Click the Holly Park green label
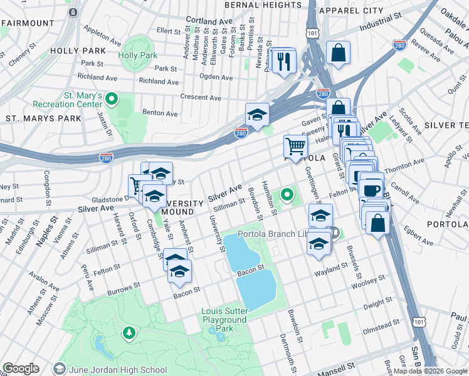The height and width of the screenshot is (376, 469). tap(137, 55)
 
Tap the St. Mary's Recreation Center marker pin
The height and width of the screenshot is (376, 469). tap(112, 98)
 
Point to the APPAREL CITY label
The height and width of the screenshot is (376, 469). tap(350, 11)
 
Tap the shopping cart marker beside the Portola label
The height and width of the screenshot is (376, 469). tap(295, 147)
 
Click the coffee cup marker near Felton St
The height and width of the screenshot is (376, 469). tap(372, 189)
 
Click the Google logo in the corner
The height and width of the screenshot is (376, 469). tap(21, 368)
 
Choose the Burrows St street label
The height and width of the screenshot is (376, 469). tap(124, 290)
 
